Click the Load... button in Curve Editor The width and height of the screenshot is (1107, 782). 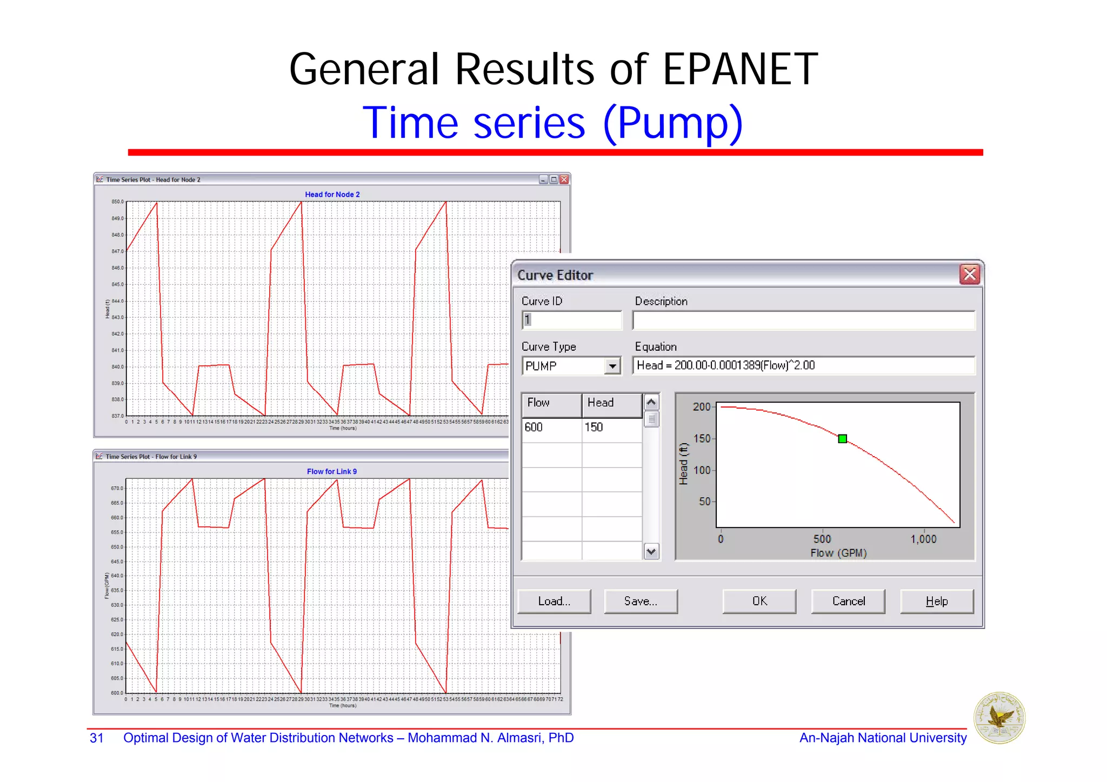(x=554, y=601)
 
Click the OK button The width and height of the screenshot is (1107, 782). (x=759, y=601)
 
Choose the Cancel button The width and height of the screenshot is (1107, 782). (x=848, y=601)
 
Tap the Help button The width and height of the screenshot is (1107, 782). (x=936, y=601)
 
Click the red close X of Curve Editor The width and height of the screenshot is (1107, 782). (x=970, y=275)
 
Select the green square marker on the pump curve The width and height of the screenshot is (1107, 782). (x=842, y=439)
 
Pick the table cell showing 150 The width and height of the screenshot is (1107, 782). (x=611, y=427)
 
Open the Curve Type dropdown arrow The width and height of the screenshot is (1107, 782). (x=612, y=366)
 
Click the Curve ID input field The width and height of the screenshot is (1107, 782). (x=572, y=320)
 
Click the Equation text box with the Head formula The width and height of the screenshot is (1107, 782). (x=803, y=366)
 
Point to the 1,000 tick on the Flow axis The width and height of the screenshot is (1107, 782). (x=923, y=539)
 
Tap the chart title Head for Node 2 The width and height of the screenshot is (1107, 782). (x=332, y=195)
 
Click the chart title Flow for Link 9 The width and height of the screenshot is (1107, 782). (x=332, y=472)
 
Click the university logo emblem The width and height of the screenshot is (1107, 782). (x=999, y=718)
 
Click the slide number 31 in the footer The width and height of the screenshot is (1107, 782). (x=97, y=738)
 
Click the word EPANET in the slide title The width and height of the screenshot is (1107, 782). (x=740, y=70)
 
